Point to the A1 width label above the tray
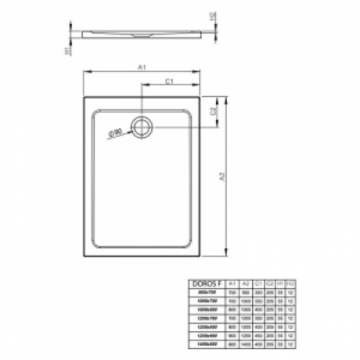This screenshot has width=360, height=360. point(142,66)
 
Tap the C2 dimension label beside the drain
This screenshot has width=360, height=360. point(213,112)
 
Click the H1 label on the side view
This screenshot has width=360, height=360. point(66,51)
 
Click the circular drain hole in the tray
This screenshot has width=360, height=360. point(143,127)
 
